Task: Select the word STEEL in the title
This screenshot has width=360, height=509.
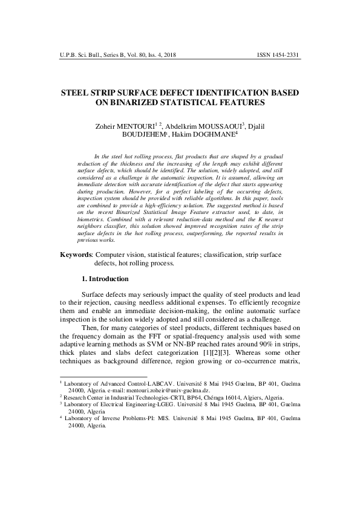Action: (76, 94)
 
